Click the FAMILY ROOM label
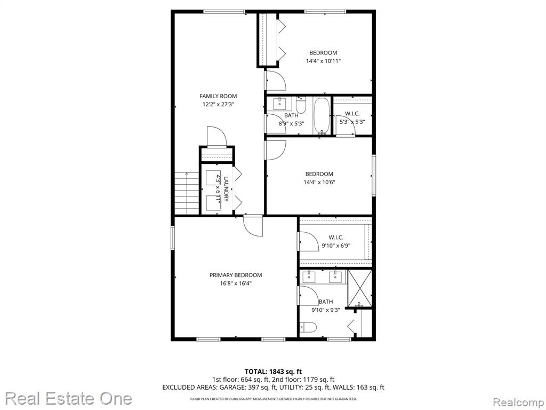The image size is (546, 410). pyautogui.click(x=218, y=96)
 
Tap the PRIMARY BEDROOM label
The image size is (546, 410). pyautogui.click(x=236, y=275)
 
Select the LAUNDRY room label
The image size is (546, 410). pyautogui.click(x=226, y=189)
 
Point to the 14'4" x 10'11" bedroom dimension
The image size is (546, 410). pyautogui.click(x=323, y=61)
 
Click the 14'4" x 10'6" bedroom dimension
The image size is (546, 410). pyautogui.click(x=319, y=182)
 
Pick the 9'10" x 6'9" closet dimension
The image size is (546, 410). pyautogui.click(x=336, y=246)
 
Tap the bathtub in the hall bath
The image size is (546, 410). pyautogui.click(x=322, y=115)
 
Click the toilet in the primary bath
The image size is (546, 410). pyautogui.click(x=308, y=327)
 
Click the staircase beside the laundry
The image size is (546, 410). pyautogui.click(x=187, y=193)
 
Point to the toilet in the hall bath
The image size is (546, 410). pyautogui.click(x=301, y=106)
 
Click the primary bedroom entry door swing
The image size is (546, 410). pyautogui.click(x=253, y=226)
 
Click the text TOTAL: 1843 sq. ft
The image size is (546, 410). pyautogui.click(x=270, y=372)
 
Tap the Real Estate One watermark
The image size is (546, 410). pyautogui.click(x=69, y=398)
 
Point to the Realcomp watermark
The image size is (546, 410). pyautogui.click(x=518, y=403)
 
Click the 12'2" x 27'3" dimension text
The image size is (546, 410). pyautogui.click(x=218, y=104)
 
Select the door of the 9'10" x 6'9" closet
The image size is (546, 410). pyautogui.click(x=309, y=241)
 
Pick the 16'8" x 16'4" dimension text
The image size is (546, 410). pyautogui.click(x=236, y=283)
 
